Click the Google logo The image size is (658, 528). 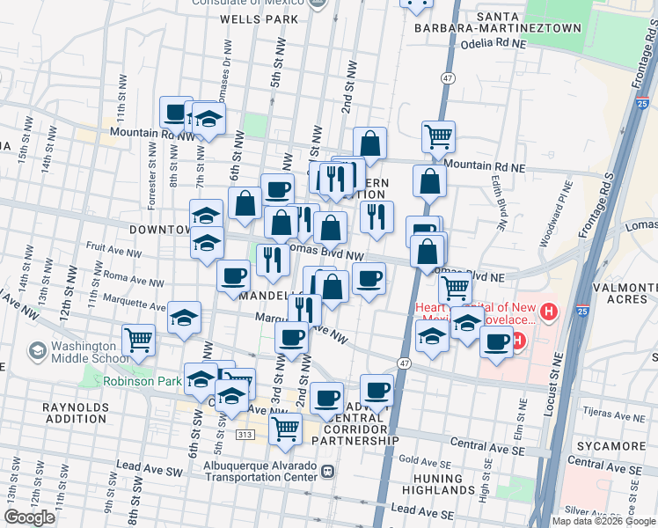pyautogui.click(x=29, y=517)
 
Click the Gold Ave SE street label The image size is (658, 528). pyautogui.click(x=419, y=460)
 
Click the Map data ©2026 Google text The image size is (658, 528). pyautogui.click(x=603, y=520)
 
